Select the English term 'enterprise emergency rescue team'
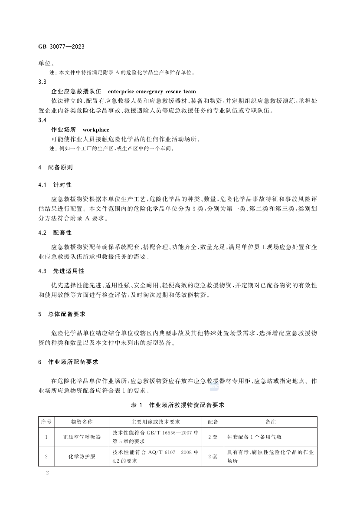click(x=152, y=92)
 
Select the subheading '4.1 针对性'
click(x=55, y=185)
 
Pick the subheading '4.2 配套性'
click(x=55, y=233)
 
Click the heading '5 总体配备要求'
click(x=64, y=314)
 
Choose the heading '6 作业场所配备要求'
click(x=69, y=362)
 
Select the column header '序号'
click(x=46, y=421)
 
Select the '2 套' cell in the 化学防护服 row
click(x=213, y=457)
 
